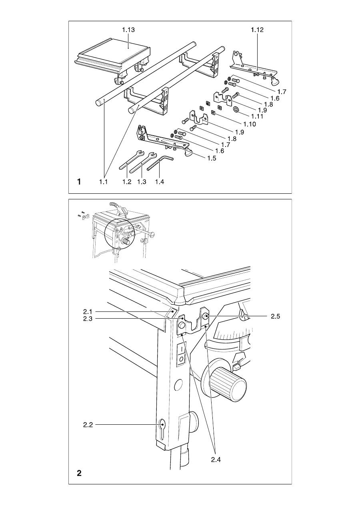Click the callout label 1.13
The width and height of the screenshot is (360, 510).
(128, 30)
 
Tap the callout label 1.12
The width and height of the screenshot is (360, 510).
(257, 30)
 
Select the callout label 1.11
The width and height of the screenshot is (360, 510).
(257, 116)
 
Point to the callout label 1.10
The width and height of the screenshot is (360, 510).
(250, 124)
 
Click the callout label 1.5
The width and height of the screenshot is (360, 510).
(212, 158)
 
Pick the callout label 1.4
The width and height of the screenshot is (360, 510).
(159, 182)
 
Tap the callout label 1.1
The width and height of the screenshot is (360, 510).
(103, 182)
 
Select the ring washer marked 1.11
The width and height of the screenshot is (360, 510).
(236, 110)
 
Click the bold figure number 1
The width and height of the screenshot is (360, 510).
(79, 182)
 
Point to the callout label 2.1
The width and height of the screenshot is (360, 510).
(87, 311)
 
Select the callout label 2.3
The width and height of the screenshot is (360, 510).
(88, 319)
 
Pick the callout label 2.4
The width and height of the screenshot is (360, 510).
(216, 460)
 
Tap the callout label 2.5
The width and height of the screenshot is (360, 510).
(275, 316)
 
